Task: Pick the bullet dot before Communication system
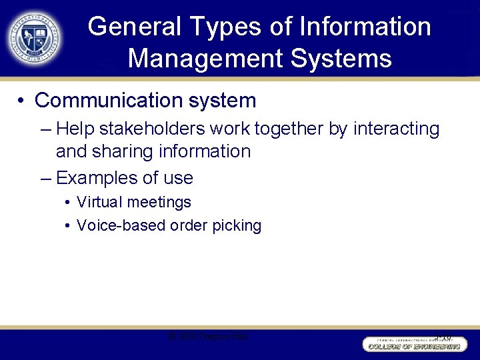[22, 101]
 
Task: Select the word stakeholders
[154, 129]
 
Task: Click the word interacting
[396, 129]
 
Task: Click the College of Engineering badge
[413, 344]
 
